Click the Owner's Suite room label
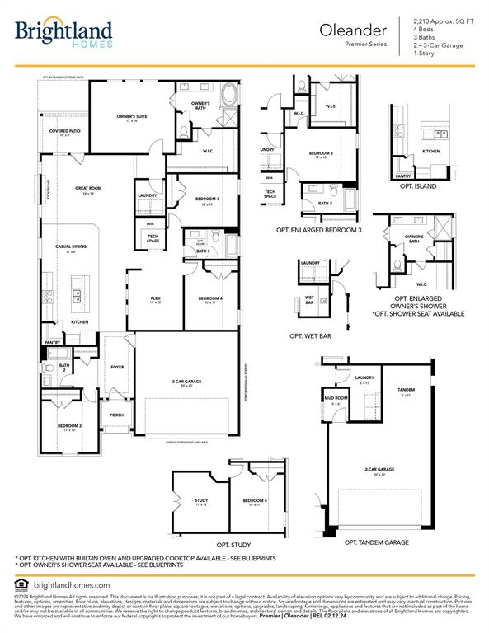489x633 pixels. point(131,119)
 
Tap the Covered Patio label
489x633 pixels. point(64,132)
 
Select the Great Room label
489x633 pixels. point(88,190)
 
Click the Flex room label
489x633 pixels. point(155,300)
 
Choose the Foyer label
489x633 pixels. point(117,367)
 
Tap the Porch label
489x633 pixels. point(116,415)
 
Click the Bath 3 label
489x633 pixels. point(203,251)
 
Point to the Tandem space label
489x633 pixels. point(405,391)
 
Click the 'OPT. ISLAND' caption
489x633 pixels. point(418,186)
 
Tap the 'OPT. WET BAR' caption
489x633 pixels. point(310,336)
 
